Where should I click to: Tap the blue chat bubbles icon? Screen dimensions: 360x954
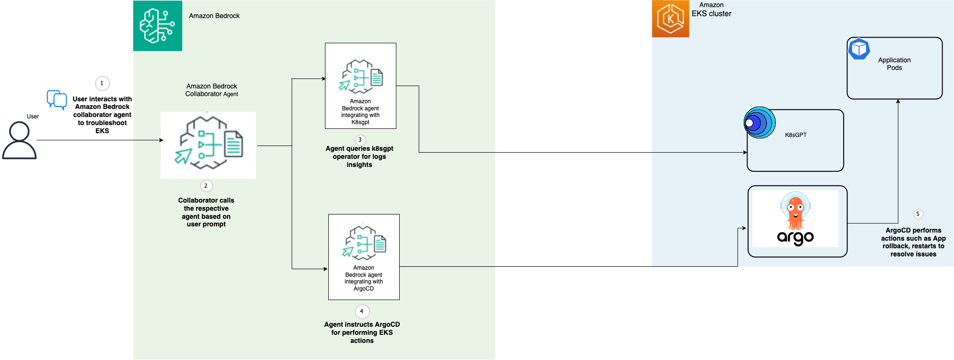tap(57, 99)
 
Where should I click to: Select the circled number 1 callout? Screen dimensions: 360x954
tap(102, 83)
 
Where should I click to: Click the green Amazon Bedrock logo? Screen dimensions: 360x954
tap(157, 26)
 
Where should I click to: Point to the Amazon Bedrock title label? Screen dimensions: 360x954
tap(214, 16)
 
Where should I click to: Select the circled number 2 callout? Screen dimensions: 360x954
tap(206, 186)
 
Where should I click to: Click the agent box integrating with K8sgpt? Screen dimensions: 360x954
tap(360, 86)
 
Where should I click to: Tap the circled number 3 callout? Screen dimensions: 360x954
tap(360, 140)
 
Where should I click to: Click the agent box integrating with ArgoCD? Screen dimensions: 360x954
tap(364, 257)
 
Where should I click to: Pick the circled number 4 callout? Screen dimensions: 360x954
tap(362, 311)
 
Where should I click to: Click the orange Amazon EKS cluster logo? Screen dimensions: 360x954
tap(670, 19)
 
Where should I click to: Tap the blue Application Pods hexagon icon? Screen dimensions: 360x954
tap(859, 49)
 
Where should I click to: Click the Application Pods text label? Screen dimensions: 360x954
tap(894, 64)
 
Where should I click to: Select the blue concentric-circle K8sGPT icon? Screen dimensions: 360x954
tap(759, 123)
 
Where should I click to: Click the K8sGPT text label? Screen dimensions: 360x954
tap(796, 135)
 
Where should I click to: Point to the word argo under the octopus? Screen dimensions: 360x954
tap(795, 237)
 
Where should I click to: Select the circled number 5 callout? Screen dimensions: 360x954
tap(918, 214)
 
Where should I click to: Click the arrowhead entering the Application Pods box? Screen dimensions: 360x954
tap(898, 101)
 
